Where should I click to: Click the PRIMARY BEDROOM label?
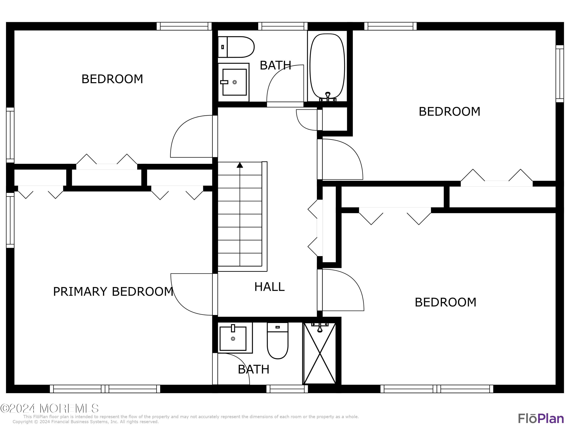[x=113, y=292]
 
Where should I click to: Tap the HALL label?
[x=269, y=287]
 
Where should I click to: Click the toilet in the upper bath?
[x=236, y=47]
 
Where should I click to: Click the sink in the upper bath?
[x=234, y=82]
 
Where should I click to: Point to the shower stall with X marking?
[x=320, y=353]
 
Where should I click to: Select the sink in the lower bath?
[x=233, y=338]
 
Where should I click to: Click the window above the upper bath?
[x=283, y=26]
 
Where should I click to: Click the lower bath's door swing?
[x=233, y=369]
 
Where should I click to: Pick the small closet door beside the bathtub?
[x=307, y=120]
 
